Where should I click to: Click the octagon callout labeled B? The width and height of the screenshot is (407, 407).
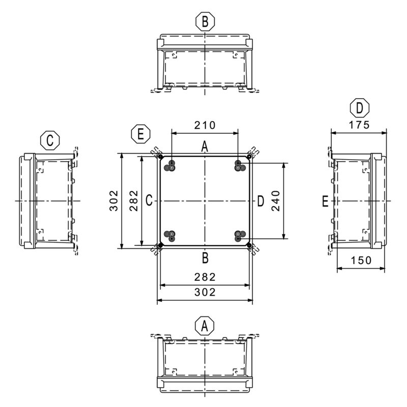pos(205,21)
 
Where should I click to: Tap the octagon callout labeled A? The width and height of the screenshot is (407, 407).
pos(205,326)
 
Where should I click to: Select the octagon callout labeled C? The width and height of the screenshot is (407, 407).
pos(50,140)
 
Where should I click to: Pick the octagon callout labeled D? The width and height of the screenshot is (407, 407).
pos(360,108)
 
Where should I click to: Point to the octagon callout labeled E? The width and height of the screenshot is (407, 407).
pos(141,134)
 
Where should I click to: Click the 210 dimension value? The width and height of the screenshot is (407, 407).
pos(205,125)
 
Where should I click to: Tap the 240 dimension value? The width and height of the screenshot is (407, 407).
pos(276,201)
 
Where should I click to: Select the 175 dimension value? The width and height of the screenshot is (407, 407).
pos(359,125)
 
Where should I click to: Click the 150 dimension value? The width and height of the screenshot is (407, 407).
pos(361,260)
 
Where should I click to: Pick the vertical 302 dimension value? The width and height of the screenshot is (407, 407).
pos(113,200)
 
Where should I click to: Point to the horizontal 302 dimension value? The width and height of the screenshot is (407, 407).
pos(205,292)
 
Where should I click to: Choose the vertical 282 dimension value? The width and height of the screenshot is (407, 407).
pos(134,200)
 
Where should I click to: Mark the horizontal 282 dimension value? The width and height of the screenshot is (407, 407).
pos(205,277)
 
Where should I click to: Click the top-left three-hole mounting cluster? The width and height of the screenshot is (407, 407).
pos(170,166)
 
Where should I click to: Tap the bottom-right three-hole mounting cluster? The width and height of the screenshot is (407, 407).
pos(240,236)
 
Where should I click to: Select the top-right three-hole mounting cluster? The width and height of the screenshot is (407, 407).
pos(240,166)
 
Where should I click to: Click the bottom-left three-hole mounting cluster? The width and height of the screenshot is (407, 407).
pos(170,236)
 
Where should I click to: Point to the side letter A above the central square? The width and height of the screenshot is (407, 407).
pos(205,147)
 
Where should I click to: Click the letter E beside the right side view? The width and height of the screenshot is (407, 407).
pos(325,201)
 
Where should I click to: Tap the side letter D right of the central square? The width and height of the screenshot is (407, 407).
pos(260,201)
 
